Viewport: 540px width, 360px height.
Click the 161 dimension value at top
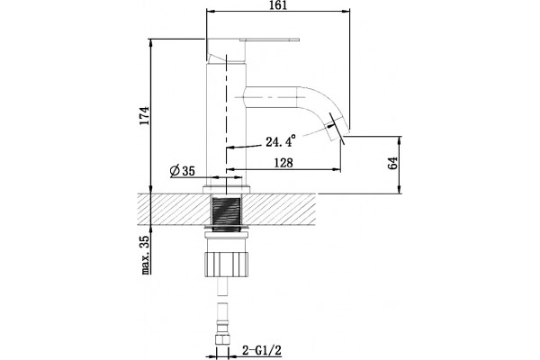tap(278, 4)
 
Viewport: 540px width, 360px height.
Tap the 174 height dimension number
tap(145, 116)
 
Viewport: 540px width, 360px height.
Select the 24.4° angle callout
tap(280, 141)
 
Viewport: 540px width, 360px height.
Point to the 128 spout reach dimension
tap(283, 162)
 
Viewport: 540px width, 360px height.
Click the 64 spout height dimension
tap(393, 163)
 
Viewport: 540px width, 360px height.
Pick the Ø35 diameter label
tap(183, 171)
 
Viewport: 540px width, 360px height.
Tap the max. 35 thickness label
tap(145, 255)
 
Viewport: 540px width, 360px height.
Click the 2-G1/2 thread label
tap(262, 351)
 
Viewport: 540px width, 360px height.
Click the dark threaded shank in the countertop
tap(226, 212)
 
